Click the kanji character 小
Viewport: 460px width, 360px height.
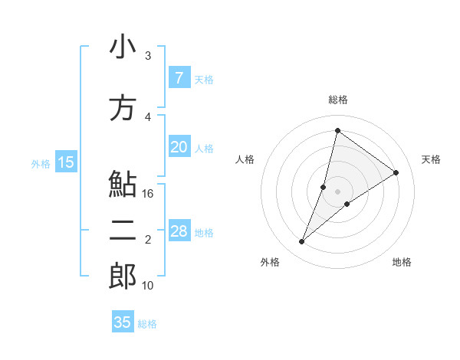point(123,48)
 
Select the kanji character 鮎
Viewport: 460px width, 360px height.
point(123,185)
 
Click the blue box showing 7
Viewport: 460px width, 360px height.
point(179,78)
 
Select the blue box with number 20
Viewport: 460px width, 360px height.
point(179,148)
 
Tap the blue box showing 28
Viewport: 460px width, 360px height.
point(179,232)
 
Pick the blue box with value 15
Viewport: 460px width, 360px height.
point(66,162)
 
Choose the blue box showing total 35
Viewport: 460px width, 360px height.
point(123,322)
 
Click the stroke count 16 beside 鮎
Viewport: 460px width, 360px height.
point(148,194)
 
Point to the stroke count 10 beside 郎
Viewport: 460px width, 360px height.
point(148,286)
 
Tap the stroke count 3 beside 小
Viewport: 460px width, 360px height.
point(148,56)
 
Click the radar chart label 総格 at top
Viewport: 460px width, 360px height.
point(337,100)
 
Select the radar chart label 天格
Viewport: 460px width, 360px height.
point(431,159)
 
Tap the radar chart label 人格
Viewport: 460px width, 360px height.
point(245,159)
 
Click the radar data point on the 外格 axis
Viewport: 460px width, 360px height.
point(302,242)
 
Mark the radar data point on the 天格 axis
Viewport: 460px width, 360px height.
point(396,172)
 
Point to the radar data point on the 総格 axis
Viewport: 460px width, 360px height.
point(337,131)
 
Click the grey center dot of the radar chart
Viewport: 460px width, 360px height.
point(337,191)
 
